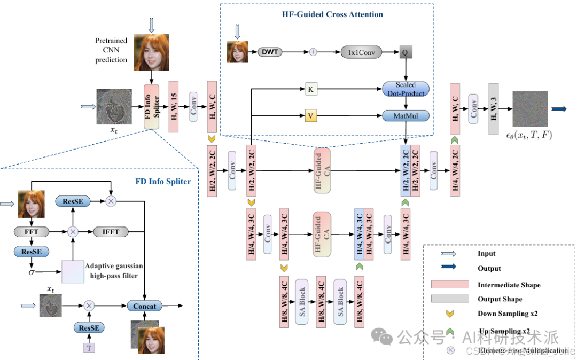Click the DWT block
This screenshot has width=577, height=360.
click(x=270, y=52)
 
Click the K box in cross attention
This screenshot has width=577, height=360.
click(x=310, y=89)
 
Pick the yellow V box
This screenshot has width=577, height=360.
click(x=310, y=115)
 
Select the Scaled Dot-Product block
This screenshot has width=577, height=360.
click(x=406, y=89)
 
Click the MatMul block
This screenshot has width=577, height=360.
click(x=406, y=115)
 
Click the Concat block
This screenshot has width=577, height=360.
click(x=144, y=306)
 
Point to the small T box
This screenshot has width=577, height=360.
click(x=89, y=348)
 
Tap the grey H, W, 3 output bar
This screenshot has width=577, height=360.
click(x=494, y=109)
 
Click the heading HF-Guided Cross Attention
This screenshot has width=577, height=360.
click(x=332, y=14)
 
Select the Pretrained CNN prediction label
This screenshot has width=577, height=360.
click(x=111, y=50)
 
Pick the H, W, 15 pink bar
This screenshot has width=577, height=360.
click(x=174, y=107)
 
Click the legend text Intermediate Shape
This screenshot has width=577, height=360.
click(x=509, y=285)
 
